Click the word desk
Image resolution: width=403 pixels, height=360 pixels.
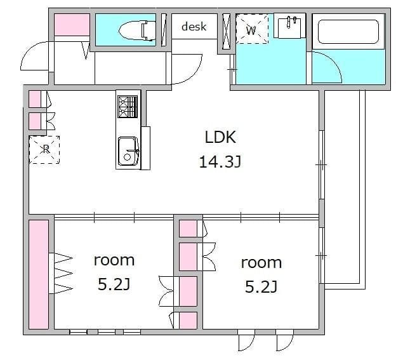pos(194,27)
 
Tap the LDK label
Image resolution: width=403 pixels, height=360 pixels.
pos(220,137)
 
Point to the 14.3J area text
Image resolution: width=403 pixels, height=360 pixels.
pos(220,162)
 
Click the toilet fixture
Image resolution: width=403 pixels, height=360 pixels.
pos(137,30)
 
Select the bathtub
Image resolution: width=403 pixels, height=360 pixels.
pos(348,32)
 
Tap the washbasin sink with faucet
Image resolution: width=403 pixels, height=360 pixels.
pos(289,27)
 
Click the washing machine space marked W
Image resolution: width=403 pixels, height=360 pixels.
pos(252,29)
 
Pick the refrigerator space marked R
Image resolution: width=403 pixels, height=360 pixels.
pos(44,150)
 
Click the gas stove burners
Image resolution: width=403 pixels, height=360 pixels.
pos(128,107)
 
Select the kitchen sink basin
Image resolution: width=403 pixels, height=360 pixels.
pos(128,151)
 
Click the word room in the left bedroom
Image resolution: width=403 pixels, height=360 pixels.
pos(114,260)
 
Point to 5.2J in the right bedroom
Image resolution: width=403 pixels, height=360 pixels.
pos(261,287)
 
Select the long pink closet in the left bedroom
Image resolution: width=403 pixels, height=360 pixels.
pos(39,274)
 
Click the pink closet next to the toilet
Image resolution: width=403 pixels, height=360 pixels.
pos(72,25)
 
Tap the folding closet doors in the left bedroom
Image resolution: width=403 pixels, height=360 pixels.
pos(61,273)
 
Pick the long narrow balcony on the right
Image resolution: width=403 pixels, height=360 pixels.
pos(345,189)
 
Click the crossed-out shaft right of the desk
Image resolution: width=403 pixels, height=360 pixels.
pos(226,31)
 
